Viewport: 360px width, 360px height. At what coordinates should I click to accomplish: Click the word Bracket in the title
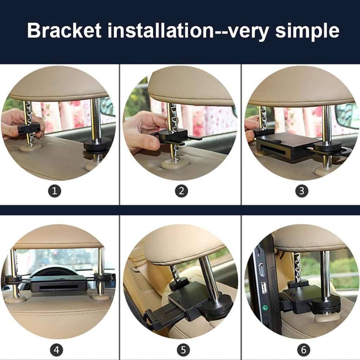64,30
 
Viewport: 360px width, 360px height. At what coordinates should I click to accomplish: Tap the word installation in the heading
160,30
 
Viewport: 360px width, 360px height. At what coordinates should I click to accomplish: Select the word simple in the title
307,31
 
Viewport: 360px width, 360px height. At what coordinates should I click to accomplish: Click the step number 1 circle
54,191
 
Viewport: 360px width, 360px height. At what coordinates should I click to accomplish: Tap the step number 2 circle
181,191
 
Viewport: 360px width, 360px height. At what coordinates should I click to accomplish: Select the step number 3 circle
302,191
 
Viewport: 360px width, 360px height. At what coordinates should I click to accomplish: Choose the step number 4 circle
57,350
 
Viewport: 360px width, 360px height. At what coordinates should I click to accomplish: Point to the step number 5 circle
183,350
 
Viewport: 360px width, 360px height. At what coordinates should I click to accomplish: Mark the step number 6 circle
303,350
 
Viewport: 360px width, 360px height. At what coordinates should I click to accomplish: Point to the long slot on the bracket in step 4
59,288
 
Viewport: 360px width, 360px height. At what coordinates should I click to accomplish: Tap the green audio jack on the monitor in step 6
265,307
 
